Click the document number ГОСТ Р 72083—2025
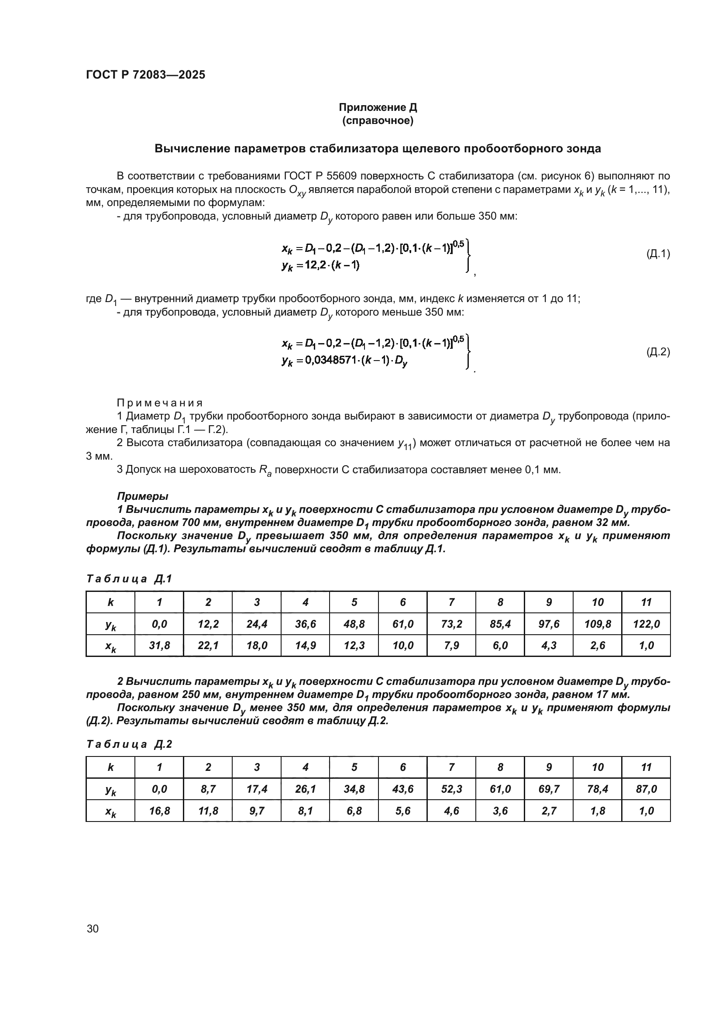click(145, 75)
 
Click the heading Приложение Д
click(378, 107)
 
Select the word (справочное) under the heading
click(378, 121)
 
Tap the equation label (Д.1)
click(657, 254)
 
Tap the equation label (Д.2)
click(657, 352)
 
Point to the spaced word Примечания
click(160, 403)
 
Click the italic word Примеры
click(142, 496)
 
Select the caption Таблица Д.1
click(129, 578)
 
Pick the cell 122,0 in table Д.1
click(646, 624)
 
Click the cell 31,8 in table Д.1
click(159, 645)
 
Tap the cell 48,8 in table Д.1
click(354, 624)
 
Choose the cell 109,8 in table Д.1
click(598, 624)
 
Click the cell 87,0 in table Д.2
click(646, 789)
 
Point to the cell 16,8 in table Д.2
click(159, 811)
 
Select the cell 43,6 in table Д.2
click(403, 789)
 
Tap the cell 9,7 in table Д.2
click(257, 811)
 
